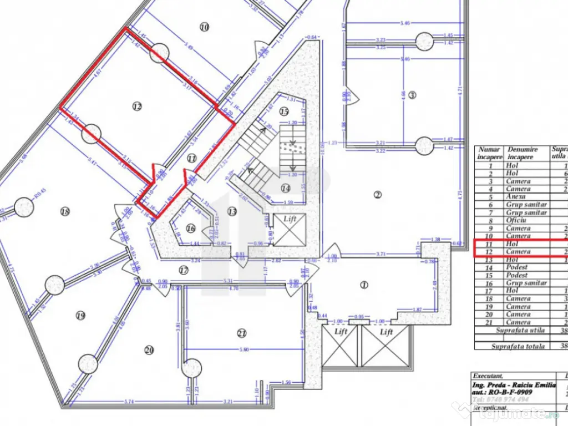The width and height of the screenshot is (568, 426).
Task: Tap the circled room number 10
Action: click(205, 26)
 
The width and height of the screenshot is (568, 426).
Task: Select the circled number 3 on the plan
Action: click(412, 95)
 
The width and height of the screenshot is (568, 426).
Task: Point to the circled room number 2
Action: click(378, 194)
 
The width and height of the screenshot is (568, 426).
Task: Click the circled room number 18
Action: click(65, 211)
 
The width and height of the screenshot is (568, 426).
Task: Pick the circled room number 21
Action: click(241, 333)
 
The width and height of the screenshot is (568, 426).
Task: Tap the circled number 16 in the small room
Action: click(191, 228)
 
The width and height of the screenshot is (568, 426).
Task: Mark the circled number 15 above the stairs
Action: click(284, 111)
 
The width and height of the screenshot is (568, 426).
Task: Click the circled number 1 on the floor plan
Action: click(364, 285)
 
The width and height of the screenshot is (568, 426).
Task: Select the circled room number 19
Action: click(81, 316)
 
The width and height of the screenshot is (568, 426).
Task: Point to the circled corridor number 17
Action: click(184, 270)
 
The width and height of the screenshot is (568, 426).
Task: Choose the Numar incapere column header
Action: click(489, 153)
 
